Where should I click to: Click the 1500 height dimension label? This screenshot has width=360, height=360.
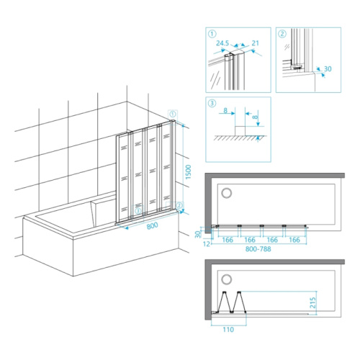[x=189, y=172]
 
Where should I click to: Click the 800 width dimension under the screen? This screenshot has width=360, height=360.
[x=153, y=226]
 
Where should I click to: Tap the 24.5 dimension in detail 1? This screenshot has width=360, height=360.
[x=222, y=43]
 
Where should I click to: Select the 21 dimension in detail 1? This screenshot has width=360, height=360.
[x=256, y=43]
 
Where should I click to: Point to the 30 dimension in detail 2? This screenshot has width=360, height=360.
[x=328, y=69]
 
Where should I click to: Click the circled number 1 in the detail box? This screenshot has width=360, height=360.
[x=212, y=34]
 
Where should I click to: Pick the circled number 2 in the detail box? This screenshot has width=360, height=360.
[x=282, y=34]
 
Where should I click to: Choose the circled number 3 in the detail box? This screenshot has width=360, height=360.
[x=212, y=104]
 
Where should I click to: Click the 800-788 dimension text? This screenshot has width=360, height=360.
[x=258, y=249]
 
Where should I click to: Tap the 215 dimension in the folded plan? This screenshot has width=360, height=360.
[x=312, y=303]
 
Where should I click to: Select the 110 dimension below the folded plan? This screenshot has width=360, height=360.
[x=228, y=330]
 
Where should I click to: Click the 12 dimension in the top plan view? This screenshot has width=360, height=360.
[x=207, y=244]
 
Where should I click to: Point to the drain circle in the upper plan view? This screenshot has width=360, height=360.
[x=227, y=193]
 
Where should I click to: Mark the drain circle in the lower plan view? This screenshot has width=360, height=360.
[x=227, y=279]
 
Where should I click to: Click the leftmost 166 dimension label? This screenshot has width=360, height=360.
[x=228, y=240]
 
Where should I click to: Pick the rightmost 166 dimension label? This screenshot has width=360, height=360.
[x=294, y=240]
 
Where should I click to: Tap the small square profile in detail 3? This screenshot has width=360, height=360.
[x=240, y=131]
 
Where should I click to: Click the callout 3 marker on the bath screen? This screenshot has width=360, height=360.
[x=138, y=211]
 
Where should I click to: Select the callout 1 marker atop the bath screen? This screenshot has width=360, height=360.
[x=173, y=114]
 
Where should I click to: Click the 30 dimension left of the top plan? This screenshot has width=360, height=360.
[x=198, y=234]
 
